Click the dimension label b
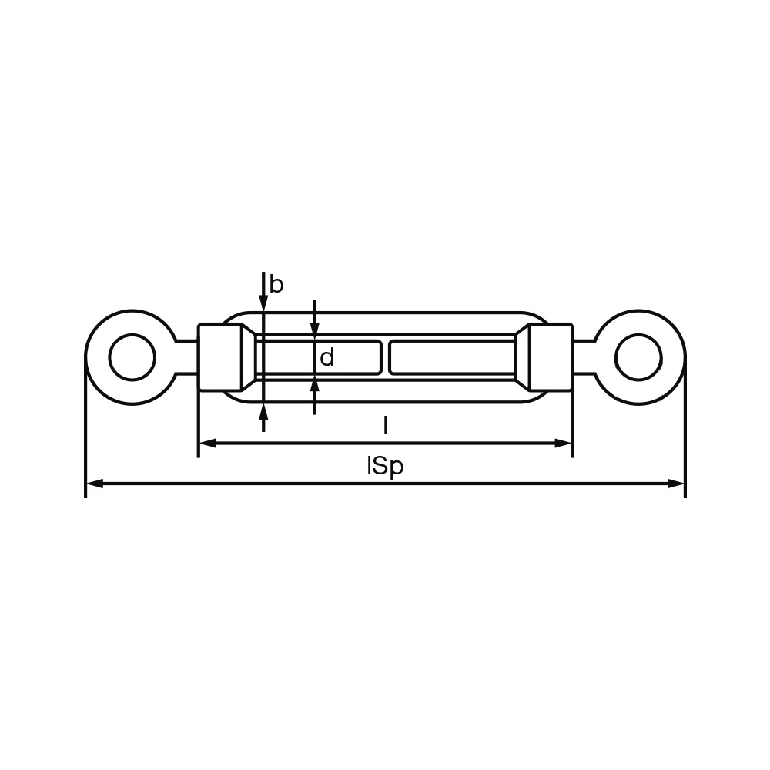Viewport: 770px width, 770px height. [x=276, y=285]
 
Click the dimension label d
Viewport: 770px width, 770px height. [x=326, y=357]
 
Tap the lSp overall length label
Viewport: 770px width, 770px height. [x=385, y=466]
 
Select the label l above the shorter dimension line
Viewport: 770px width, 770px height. [x=386, y=425]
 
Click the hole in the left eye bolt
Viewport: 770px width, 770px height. [x=132, y=357]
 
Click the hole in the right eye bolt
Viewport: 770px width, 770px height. [x=638, y=357]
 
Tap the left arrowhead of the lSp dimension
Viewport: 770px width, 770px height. [x=94, y=484]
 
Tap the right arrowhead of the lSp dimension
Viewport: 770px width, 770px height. [x=676, y=484]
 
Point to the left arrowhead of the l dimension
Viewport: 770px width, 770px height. [x=208, y=444]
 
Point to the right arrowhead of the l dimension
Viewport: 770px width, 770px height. [x=563, y=444]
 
